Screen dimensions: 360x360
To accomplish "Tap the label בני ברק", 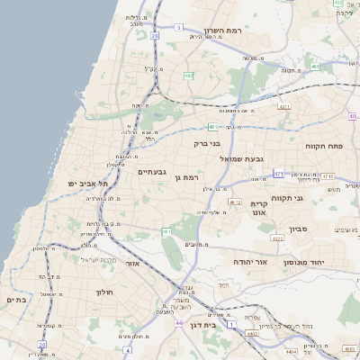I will click(x=208, y=142).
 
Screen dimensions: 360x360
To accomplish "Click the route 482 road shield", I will click(x=189, y=76).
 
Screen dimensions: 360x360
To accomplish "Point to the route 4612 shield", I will click(x=235, y=202).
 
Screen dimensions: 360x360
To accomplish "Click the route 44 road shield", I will click(x=179, y=322).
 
